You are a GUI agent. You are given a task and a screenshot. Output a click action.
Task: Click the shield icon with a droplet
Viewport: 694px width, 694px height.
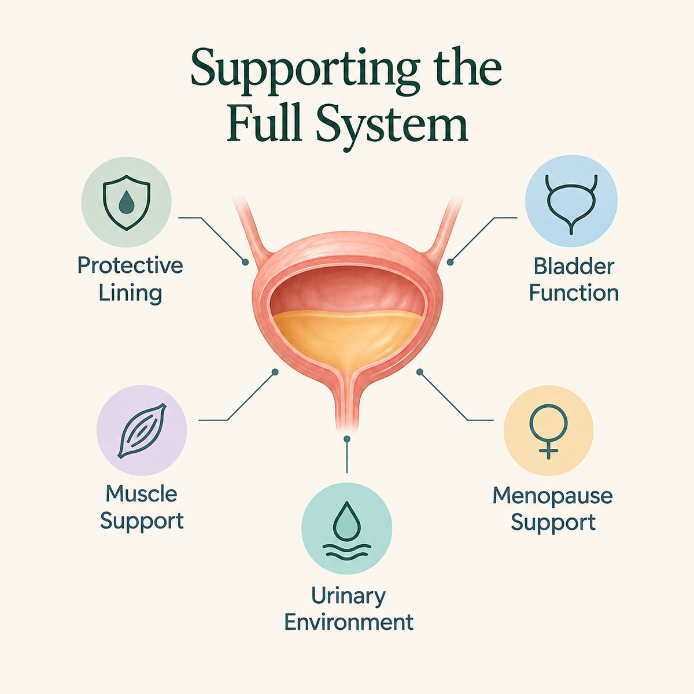coord(127,202)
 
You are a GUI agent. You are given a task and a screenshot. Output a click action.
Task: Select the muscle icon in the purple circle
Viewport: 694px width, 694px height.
coord(142,430)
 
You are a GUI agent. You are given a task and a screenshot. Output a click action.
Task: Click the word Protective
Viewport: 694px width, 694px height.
coord(130,266)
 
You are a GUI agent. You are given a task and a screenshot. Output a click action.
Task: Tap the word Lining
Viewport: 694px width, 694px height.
coord(130,293)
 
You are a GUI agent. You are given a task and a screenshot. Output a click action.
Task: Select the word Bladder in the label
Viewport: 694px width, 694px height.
coord(574,267)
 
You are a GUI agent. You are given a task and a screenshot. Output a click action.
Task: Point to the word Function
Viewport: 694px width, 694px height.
coord(574,293)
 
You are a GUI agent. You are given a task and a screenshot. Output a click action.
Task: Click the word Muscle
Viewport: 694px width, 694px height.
coord(142,494)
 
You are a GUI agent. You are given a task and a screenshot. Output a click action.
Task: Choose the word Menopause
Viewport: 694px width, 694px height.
coord(552,496)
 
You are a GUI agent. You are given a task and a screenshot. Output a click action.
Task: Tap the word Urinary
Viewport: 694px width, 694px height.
coord(348,597)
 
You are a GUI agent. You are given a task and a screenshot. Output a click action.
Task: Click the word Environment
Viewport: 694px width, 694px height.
coord(349,623)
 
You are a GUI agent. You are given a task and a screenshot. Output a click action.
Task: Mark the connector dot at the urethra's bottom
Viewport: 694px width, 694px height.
coord(347,438)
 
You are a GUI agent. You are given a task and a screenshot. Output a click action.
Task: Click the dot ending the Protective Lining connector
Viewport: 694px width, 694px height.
coord(246,262)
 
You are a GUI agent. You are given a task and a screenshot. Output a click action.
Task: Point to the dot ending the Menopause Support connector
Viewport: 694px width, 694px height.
coord(419,372)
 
